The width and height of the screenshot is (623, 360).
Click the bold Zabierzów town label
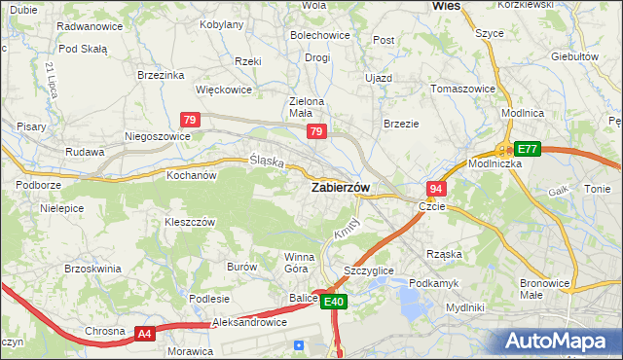[x=339, y=188]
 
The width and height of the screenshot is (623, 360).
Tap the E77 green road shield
[x=527, y=149]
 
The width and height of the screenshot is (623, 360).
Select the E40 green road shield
[x=334, y=303]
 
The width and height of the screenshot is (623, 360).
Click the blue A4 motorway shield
[x=144, y=334]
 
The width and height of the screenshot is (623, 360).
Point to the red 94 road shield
[x=436, y=188]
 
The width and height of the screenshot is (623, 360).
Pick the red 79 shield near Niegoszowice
[x=191, y=120]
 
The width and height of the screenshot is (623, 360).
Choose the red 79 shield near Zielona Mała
[x=315, y=131]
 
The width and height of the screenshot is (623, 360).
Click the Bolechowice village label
[x=319, y=35]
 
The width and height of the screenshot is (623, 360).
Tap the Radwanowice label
[x=90, y=26]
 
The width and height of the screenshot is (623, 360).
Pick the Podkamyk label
[x=433, y=282]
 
